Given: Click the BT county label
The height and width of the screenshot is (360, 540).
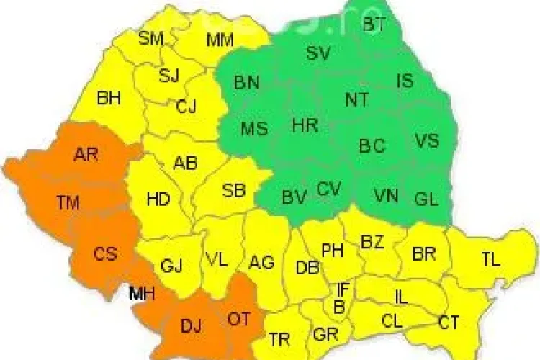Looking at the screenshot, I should point(374,25).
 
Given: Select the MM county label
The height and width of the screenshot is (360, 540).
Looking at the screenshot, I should point(220,40).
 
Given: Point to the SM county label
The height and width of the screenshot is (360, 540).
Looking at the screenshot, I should point(151,38).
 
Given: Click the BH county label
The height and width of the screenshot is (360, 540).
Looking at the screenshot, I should point(109,98).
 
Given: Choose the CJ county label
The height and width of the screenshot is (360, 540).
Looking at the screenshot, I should point(186,107).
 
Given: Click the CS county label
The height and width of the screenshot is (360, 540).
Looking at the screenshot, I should point(106,254).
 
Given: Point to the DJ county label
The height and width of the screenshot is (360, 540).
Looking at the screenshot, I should point(191,326).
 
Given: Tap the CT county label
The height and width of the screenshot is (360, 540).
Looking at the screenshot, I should point(449,323).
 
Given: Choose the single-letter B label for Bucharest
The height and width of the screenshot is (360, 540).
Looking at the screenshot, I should point(338,306).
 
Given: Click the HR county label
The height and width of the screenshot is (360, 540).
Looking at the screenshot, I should point(305,125).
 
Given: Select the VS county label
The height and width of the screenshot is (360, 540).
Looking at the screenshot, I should point(426,140).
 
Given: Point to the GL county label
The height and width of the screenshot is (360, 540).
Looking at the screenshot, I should point(426,199).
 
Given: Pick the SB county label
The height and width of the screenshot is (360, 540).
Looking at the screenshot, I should point(233,191).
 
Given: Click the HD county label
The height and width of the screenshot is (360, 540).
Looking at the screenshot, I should point(158,199).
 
